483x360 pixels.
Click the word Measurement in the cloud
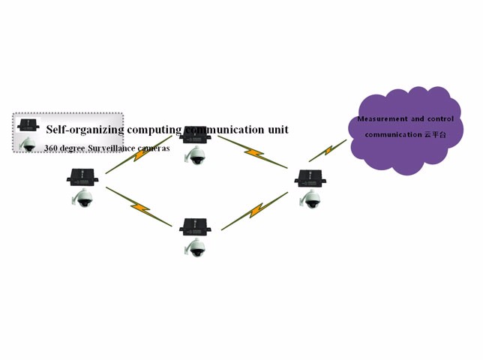coord(382,119)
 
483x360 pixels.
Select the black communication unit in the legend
coord(28,124)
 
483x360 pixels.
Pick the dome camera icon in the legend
coord(28,144)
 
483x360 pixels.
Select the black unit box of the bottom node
coord(193,226)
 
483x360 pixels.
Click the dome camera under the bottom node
coord(195,247)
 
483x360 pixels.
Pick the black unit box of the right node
coord(308,178)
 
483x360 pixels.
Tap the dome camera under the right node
coord(310,199)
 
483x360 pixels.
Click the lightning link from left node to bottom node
coord(139,205)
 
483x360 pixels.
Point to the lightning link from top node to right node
coord(253,152)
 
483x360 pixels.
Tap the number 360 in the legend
coord(51,148)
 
